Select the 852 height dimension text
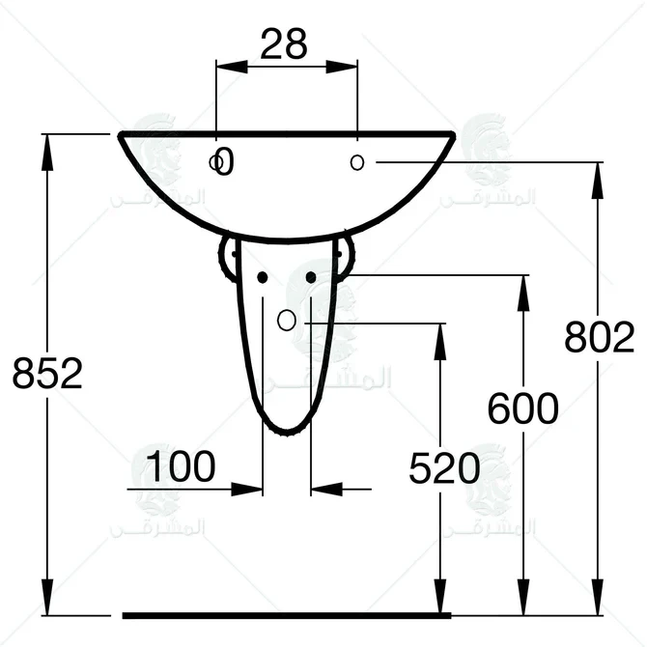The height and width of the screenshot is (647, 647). click(x=47, y=373)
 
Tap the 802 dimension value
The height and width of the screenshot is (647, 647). click(x=599, y=338)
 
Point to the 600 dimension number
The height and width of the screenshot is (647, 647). click(x=521, y=409)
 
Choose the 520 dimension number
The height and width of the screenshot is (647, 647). click(x=444, y=469)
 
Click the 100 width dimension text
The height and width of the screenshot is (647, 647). click(x=181, y=467)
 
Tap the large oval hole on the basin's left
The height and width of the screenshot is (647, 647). click(x=224, y=162)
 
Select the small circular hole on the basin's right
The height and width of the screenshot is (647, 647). click(x=357, y=162)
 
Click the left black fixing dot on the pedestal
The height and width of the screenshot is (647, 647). click(x=262, y=277)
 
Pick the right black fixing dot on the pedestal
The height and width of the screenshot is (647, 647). click(x=311, y=277)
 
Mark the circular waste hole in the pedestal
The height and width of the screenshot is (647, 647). click(x=287, y=321)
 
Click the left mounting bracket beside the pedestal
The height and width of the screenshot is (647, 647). click(x=228, y=259)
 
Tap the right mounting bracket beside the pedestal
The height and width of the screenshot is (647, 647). click(x=345, y=259)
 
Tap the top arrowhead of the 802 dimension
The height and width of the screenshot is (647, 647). click(x=599, y=175)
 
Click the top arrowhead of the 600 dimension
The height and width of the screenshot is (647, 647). click(x=522, y=288)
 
